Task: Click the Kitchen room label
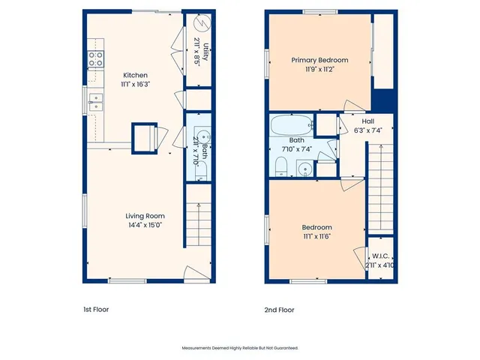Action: tap(135, 75)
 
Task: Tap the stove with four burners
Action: tap(96, 59)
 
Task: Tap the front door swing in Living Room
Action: tap(193, 272)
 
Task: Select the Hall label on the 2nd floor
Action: tap(367, 121)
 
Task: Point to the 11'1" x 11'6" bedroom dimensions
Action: tap(316, 236)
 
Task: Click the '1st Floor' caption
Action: tap(96, 309)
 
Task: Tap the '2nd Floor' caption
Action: tap(279, 309)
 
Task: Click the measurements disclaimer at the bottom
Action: tap(240, 348)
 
